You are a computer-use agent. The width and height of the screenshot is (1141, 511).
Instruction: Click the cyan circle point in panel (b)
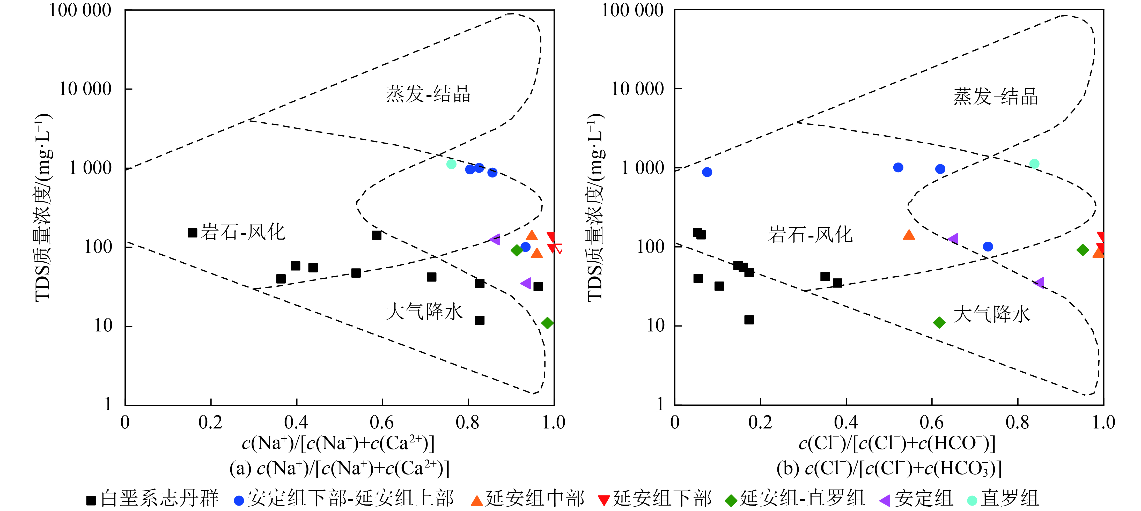point(1034,164)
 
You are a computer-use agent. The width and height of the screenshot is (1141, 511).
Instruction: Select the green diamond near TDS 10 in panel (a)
point(547,323)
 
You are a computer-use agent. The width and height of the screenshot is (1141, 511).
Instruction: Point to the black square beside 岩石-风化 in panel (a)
point(192,233)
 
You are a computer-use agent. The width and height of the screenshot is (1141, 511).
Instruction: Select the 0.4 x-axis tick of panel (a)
point(296,423)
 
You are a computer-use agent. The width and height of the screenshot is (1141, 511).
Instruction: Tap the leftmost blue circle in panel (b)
point(707,172)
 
